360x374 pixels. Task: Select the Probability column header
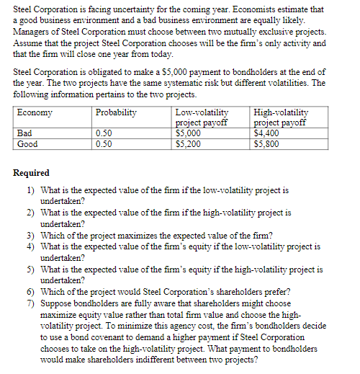(116, 113)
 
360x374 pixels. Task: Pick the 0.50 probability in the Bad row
(104, 133)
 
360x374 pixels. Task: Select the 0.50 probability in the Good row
(104, 143)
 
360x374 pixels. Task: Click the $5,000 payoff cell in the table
(187, 133)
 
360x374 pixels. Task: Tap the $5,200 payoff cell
(187, 143)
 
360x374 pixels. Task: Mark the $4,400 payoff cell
(266, 133)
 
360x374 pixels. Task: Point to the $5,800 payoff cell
(266, 143)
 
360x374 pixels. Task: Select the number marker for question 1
(31, 190)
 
